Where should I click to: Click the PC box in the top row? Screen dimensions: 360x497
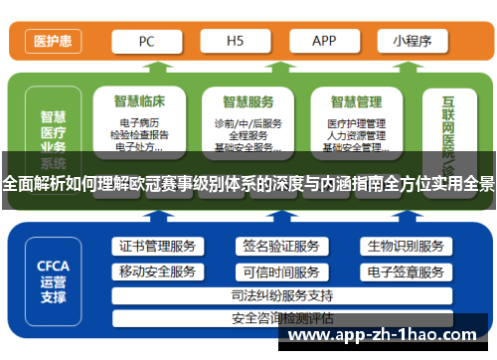click(x=146, y=42)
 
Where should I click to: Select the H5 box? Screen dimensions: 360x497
click(x=235, y=42)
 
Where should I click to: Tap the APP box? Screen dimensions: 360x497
click(x=324, y=42)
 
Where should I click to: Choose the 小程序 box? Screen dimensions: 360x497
click(x=413, y=42)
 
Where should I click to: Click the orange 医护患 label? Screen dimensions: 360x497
click(x=53, y=42)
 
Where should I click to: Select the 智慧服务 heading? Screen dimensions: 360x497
click(x=248, y=101)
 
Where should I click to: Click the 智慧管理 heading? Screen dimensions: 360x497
click(x=355, y=101)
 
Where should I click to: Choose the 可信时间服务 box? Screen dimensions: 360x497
click(x=279, y=271)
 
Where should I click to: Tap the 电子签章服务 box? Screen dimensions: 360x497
click(x=405, y=271)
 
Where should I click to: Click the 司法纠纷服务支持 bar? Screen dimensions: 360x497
click(x=281, y=295)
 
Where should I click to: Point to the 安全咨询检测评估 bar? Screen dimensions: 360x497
click(x=281, y=318)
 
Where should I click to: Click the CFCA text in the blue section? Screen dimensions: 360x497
click(x=53, y=266)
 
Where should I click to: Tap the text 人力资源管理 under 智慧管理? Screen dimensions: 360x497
click(x=355, y=135)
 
